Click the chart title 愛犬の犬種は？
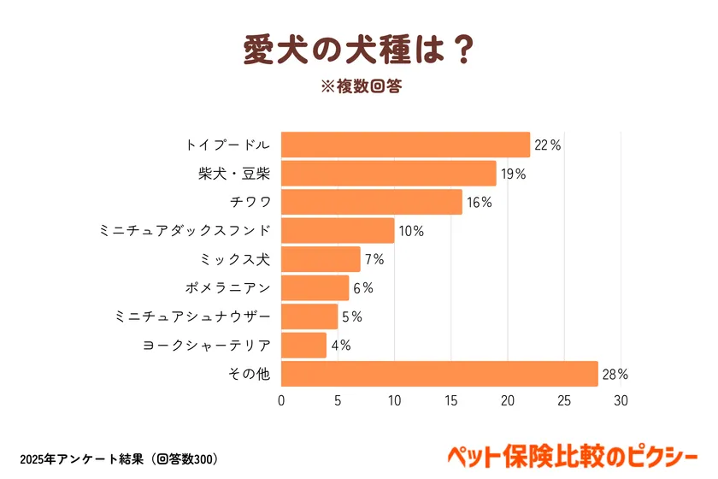[x=358, y=50]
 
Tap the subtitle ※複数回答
[x=358, y=86]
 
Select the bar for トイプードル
[x=405, y=145]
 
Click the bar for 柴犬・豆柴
[x=388, y=174]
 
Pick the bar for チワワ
[x=371, y=202]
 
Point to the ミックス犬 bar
[x=321, y=259]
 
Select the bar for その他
[x=438, y=374]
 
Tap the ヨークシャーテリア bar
[x=303, y=346]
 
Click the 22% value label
[x=547, y=145]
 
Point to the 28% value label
[x=615, y=375]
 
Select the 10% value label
[x=411, y=231]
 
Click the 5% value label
[x=352, y=317]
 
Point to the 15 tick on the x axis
[x=450, y=400]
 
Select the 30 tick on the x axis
[x=621, y=400]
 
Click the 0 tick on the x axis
[x=281, y=400]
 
